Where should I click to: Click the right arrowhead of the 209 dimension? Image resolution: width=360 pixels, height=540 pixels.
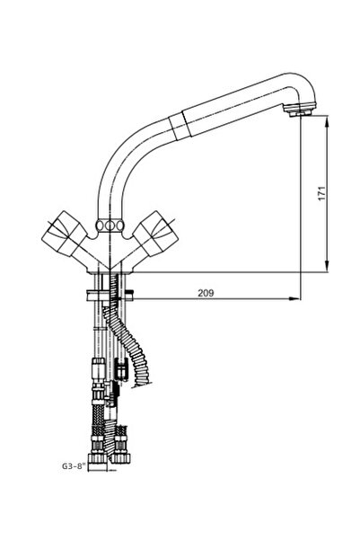296,298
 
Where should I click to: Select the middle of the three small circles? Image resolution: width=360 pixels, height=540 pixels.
111,226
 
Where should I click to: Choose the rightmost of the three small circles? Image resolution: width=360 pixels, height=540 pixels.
120,226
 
